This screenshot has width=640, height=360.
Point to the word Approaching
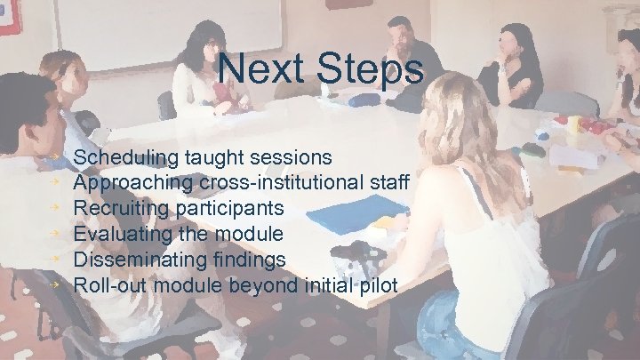point(133,184)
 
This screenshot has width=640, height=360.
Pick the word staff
point(389,183)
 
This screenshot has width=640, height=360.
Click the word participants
point(233,209)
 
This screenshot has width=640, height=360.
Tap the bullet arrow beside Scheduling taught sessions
point(54,156)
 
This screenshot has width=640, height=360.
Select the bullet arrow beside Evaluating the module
point(54,233)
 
